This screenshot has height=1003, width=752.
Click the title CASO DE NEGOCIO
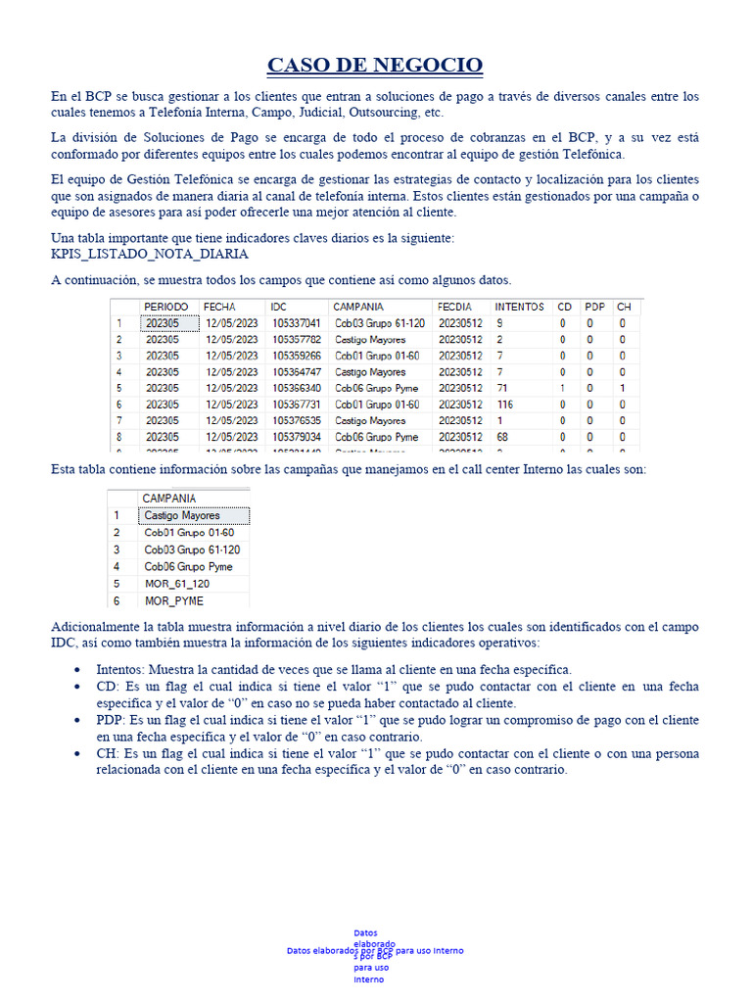click(375, 66)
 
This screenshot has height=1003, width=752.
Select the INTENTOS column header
click(519, 307)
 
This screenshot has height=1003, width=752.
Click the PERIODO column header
click(166, 307)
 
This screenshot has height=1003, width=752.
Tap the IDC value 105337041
click(296, 323)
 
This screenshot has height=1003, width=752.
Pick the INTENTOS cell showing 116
click(505, 405)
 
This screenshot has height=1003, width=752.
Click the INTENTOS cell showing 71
click(502, 389)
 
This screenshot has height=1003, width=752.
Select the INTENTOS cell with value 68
click(502, 437)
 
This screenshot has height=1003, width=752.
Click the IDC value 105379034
click(296, 437)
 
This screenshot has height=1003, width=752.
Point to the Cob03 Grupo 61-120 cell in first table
click(379, 323)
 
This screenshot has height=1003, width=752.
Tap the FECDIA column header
click(456, 307)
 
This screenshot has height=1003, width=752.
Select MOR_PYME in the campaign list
click(174, 600)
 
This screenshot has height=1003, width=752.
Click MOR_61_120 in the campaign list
click(177, 584)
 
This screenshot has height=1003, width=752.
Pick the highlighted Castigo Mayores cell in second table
click(183, 515)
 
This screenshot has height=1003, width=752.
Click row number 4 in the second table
click(117, 566)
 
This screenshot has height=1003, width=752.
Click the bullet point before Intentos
click(78, 670)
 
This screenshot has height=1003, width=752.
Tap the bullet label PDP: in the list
click(112, 720)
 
